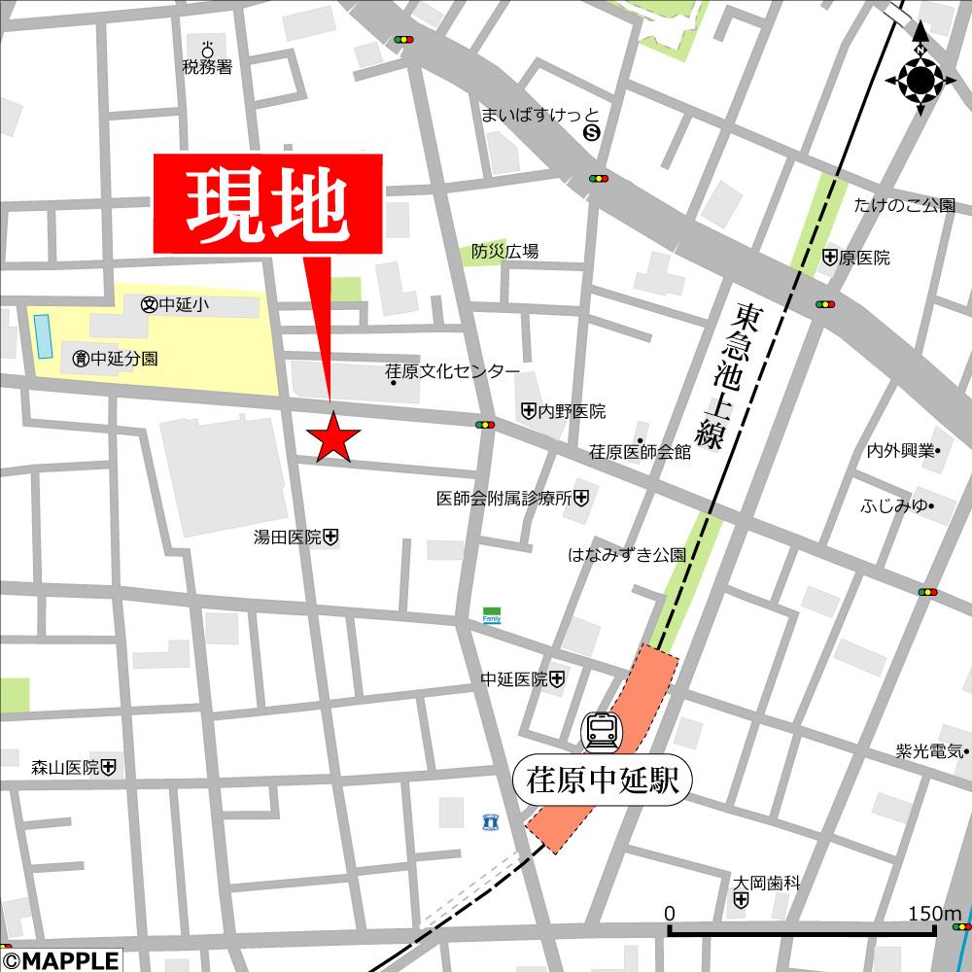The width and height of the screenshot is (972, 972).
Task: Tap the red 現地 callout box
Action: [x=267, y=205]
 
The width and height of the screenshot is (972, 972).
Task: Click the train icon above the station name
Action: [x=600, y=730]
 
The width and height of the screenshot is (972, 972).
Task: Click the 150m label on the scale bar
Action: [x=934, y=914]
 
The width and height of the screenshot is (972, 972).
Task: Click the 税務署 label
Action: [x=207, y=67]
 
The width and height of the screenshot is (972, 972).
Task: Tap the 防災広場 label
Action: [x=504, y=251]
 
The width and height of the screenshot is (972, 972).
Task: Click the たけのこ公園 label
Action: [x=904, y=206]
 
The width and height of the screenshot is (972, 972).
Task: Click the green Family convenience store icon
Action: [x=492, y=616]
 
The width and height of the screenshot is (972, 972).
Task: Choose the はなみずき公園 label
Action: [x=627, y=556]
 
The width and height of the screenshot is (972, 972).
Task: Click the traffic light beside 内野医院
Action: [x=484, y=425]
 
